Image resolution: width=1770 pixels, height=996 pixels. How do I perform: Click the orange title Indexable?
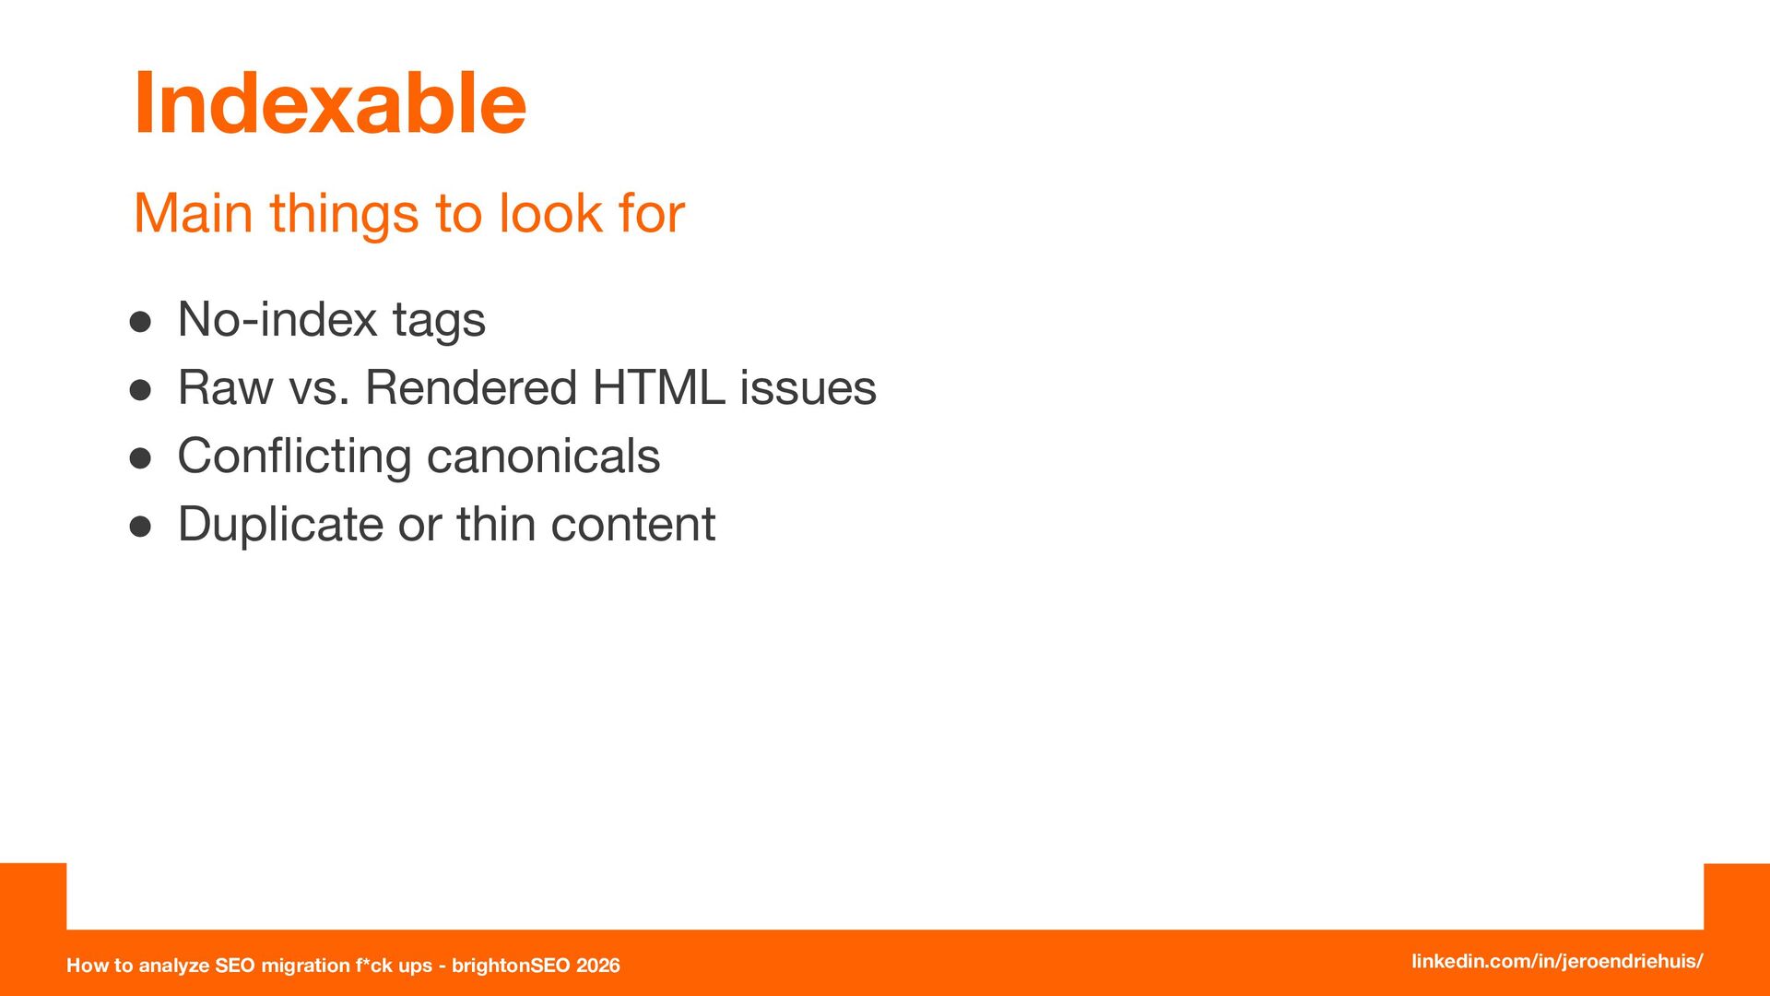(330, 103)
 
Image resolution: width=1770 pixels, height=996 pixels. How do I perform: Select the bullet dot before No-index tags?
(140, 322)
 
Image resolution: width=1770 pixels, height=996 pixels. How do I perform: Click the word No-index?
(277, 319)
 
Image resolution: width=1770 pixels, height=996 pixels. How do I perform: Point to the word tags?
(439, 322)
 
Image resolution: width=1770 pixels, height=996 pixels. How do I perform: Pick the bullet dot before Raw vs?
(140, 390)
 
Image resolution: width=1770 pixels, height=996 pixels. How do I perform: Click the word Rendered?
(471, 387)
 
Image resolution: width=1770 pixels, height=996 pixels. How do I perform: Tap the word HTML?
(658, 387)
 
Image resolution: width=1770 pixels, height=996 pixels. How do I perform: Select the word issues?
(808, 387)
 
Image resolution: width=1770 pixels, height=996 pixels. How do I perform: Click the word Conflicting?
(294, 457)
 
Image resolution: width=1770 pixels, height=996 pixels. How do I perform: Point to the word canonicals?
(544, 456)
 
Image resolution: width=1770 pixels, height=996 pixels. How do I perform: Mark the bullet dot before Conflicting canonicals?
(140, 458)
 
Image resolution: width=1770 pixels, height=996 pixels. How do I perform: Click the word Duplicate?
(280, 526)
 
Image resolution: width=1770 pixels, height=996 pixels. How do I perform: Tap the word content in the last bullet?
(633, 526)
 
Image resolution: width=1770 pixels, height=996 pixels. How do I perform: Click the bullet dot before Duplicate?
(140, 527)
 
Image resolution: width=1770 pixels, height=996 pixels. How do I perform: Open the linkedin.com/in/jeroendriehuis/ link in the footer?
(1557, 961)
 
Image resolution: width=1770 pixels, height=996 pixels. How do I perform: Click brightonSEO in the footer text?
(510, 966)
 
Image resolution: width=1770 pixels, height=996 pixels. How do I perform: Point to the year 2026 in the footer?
(597, 966)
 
